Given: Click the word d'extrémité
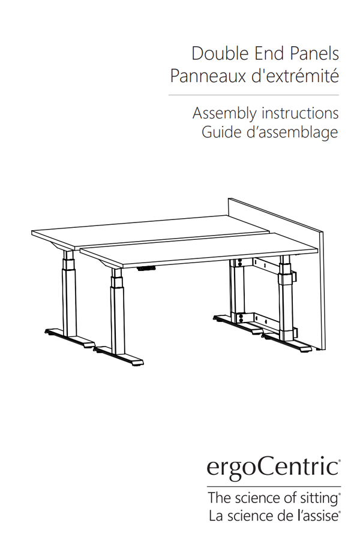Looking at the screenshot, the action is (x=295, y=75).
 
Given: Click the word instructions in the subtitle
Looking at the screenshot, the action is (x=300, y=113).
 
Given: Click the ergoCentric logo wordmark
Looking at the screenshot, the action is (x=274, y=468).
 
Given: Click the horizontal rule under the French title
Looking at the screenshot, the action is (x=253, y=95).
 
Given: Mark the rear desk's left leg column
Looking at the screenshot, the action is (x=69, y=293).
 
